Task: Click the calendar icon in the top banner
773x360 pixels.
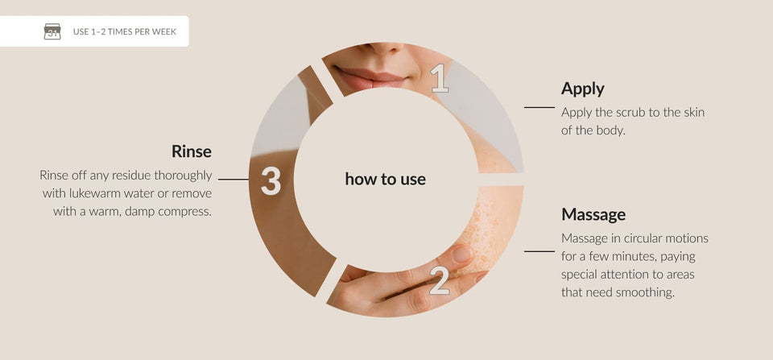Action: click(52, 31)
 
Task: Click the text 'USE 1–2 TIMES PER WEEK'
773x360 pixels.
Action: click(124, 32)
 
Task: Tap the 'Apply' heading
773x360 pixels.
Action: click(583, 89)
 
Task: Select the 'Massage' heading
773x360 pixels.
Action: click(593, 214)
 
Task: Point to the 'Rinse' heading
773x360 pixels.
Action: click(192, 151)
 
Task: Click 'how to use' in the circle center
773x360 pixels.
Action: click(385, 179)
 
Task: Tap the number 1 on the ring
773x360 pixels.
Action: click(440, 78)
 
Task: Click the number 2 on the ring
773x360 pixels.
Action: click(439, 280)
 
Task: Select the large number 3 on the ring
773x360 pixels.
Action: click(271, 180)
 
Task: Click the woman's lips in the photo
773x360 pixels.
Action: click(370, 78)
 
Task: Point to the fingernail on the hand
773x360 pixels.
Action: click(462, 254)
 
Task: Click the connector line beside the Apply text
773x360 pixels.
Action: click(539, 107)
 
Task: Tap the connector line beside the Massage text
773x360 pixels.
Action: click(539, 251)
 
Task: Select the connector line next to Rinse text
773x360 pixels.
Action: click(234, 180)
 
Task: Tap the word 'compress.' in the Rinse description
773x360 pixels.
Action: click(188, 212)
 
